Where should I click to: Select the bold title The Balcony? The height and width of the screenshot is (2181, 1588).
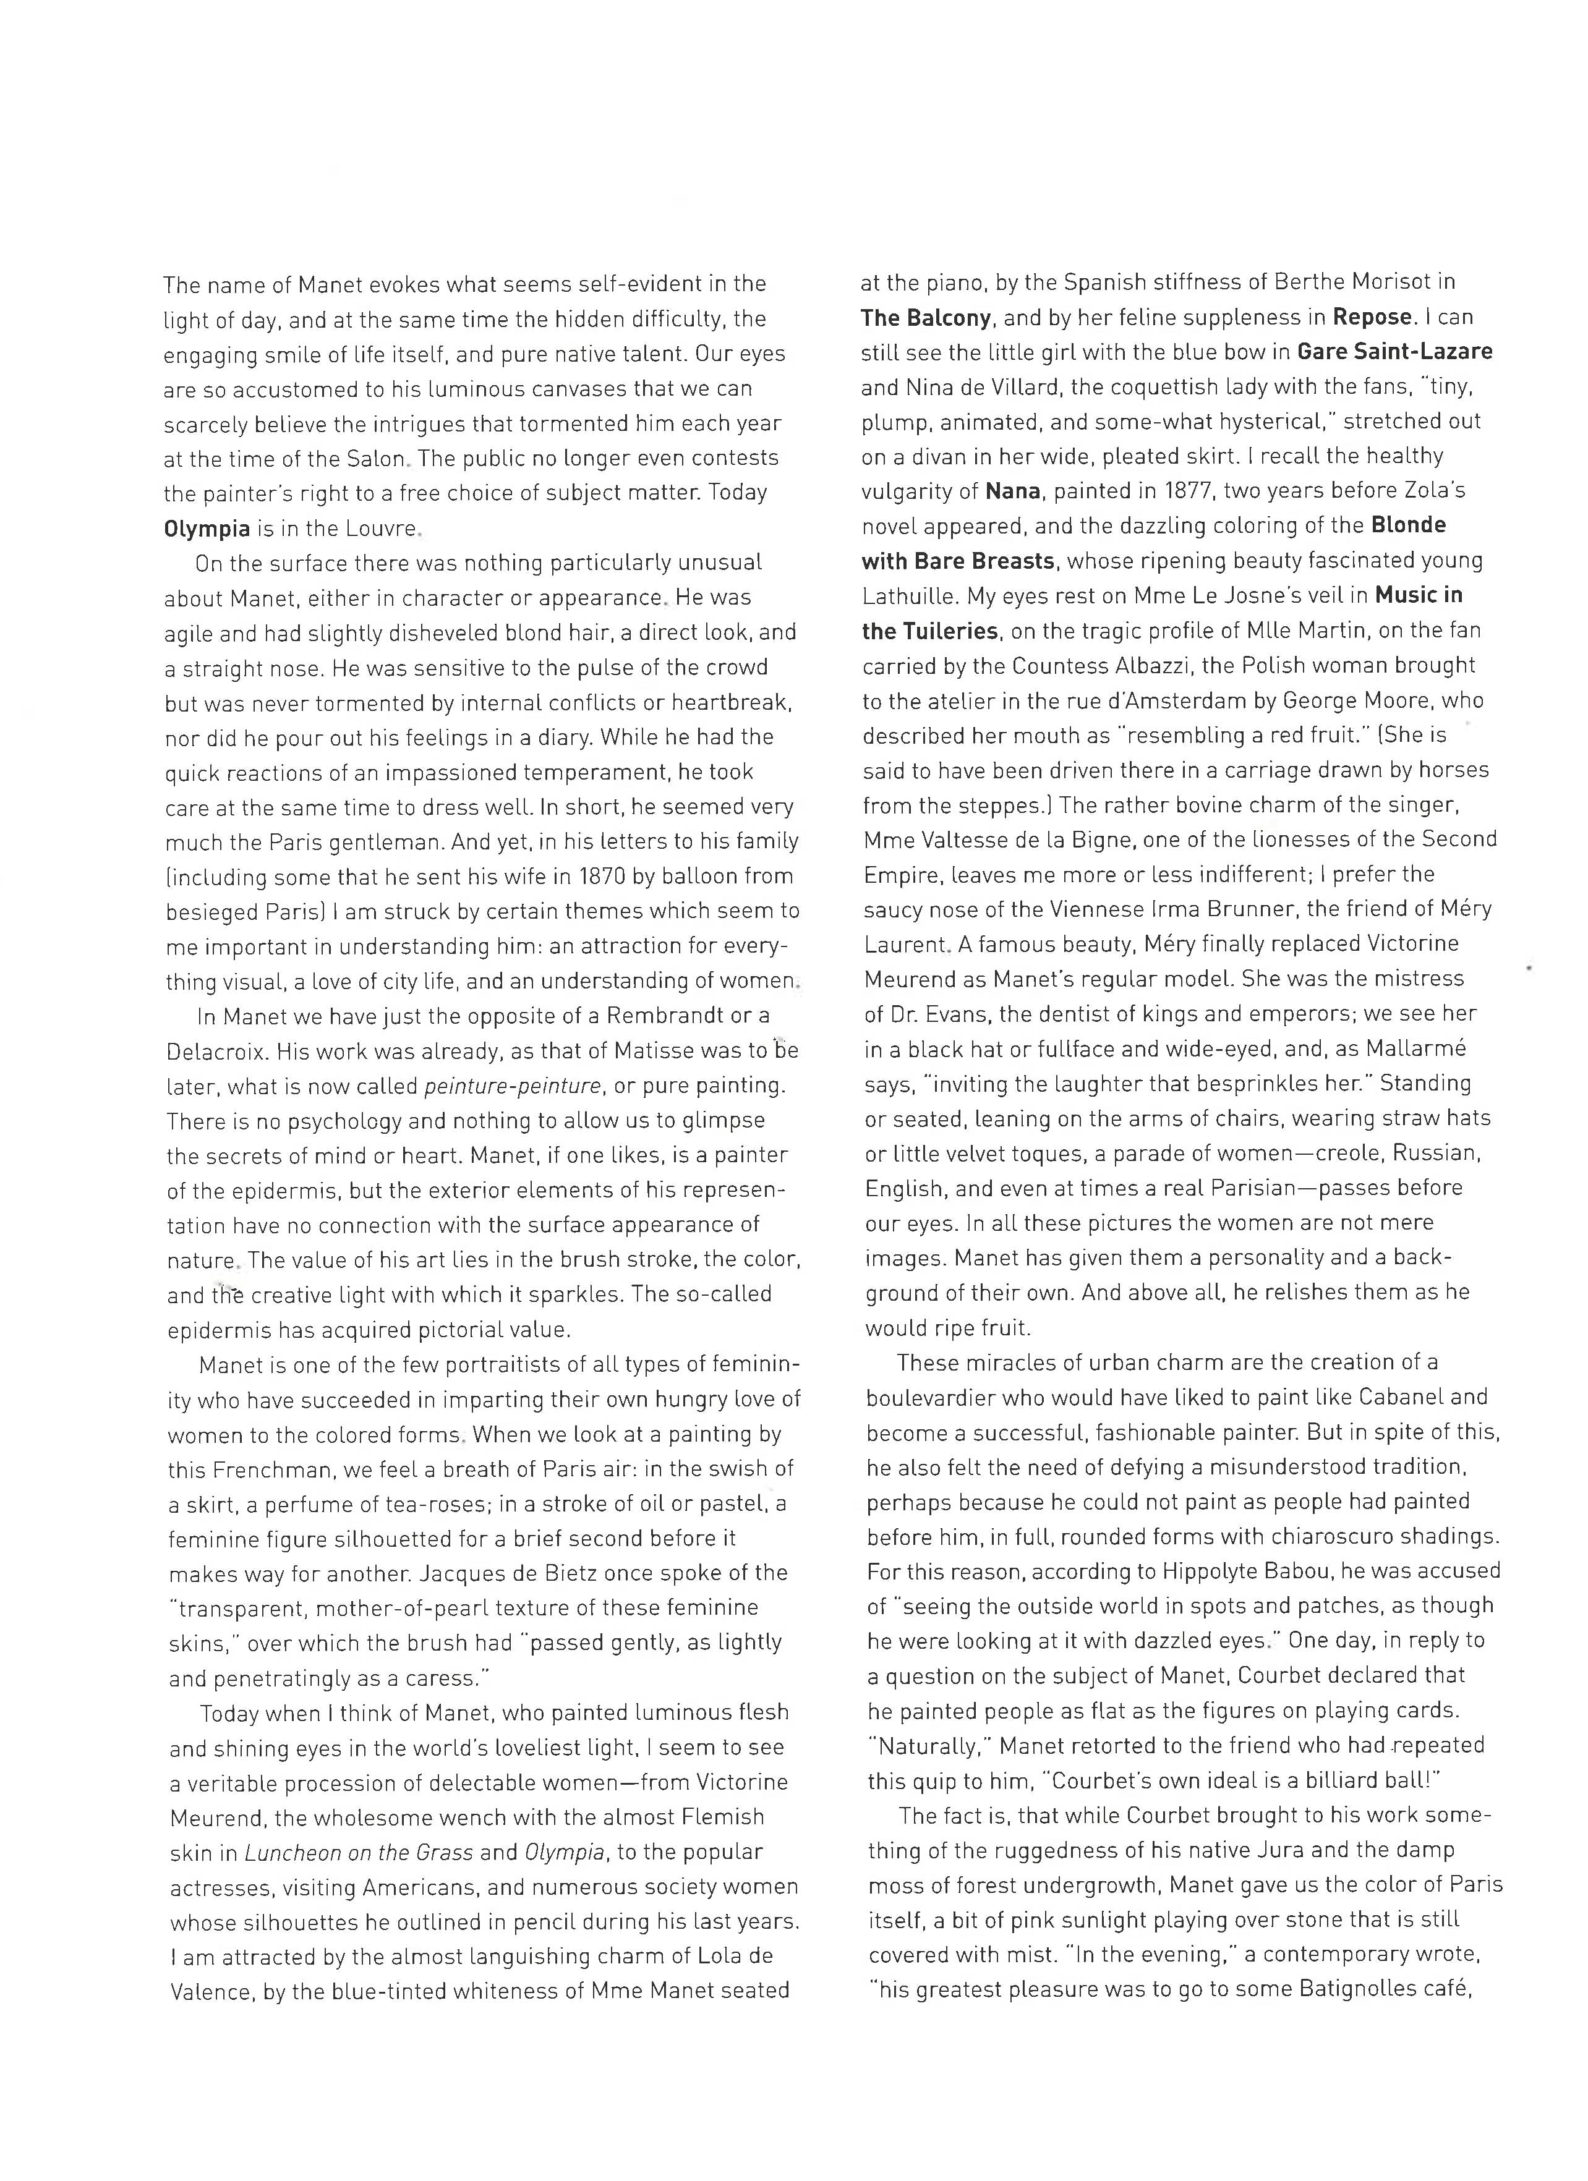(x=925, y=317)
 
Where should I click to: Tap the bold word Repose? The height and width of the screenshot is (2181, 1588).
(x=1372, y=317)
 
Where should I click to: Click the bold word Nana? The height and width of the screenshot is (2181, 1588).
(x=1013, y=491)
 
